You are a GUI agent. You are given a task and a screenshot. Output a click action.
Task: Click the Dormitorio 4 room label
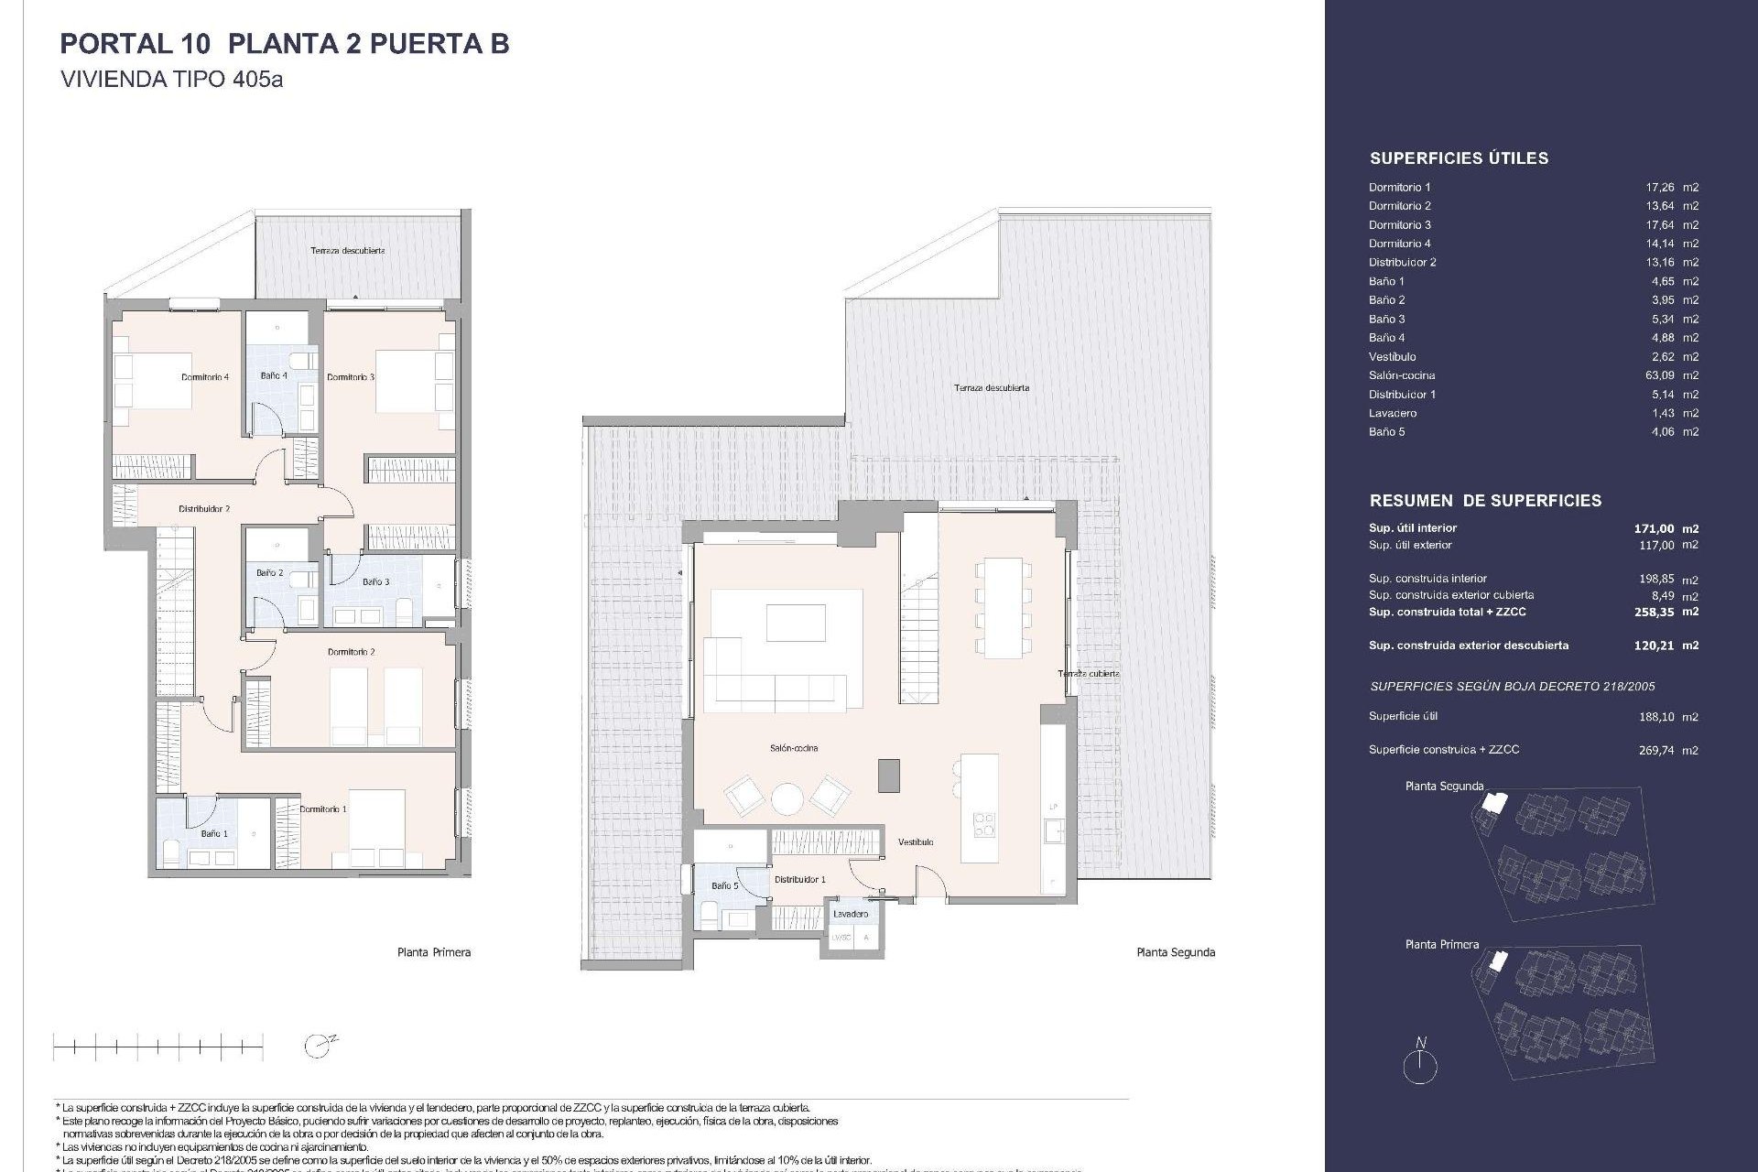click(205, 377)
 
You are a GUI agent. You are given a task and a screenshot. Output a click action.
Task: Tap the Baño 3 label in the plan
click(375, 582)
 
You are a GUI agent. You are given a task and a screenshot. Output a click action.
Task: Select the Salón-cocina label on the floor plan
click(794, 749)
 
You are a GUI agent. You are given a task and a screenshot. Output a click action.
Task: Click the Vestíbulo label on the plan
click(916, 842)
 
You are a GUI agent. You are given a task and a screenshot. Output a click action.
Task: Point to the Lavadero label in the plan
click(851, 914)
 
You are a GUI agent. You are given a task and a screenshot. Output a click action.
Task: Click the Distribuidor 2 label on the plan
click(204, 509)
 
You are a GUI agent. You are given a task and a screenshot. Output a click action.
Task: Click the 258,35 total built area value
click(1654, 613)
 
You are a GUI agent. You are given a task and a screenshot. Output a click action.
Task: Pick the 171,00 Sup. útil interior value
click(1654, 528)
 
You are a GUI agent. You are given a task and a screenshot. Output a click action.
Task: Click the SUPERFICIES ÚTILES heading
click(1459, 158)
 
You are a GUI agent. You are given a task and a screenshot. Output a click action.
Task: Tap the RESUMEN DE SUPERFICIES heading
click(1485, 501)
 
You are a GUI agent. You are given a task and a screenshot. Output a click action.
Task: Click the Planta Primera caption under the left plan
click(434, 952)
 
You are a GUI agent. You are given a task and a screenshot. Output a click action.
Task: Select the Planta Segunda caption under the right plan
click(1176, 952)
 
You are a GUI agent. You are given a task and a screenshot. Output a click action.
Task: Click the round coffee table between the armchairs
click(787, 798)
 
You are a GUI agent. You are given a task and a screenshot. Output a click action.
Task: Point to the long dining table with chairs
click(1003, 607)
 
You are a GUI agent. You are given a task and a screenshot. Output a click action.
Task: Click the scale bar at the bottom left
click(157, 1046)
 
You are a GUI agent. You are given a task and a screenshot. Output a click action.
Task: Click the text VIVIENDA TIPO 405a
click(171, 80)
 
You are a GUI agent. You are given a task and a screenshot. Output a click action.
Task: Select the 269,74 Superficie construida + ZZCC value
click(1655, 751)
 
